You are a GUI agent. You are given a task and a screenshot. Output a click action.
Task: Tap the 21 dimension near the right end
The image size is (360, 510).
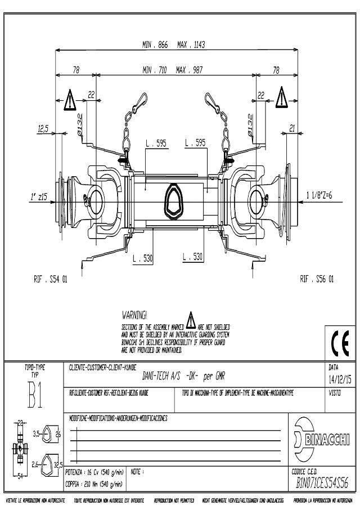click(292, 129)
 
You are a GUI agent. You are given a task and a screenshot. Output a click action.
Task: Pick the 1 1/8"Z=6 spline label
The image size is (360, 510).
click(319, 195)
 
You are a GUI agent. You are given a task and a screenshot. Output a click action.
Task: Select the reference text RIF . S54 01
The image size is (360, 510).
click(50, 279)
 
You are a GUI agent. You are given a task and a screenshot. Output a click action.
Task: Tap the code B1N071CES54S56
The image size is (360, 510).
click(322, 484)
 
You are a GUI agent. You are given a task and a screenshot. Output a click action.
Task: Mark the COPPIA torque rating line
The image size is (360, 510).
click(93, 484)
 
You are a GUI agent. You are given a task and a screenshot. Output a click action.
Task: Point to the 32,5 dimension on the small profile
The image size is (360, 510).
click(58, 464)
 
